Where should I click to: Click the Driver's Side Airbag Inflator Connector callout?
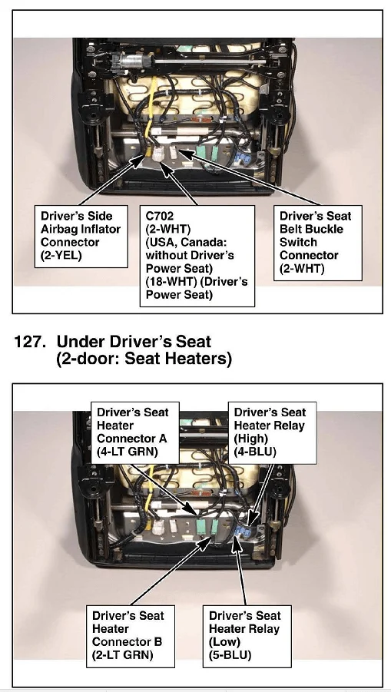click(x=81, y=236)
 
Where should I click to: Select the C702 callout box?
click(x=197, y=256)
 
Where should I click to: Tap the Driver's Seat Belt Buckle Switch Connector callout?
click(x=318, y=242)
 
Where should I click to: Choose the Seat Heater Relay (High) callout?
click(x=272, y=432)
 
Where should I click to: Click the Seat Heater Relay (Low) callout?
click(x=247, y=636)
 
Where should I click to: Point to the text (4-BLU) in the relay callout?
click(x=254, y=452)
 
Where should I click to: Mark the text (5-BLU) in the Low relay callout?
click(x=230, y=655)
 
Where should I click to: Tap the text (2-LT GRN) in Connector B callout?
click(x=123, y=655)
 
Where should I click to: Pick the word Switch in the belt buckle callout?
click(x=298, y=242)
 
